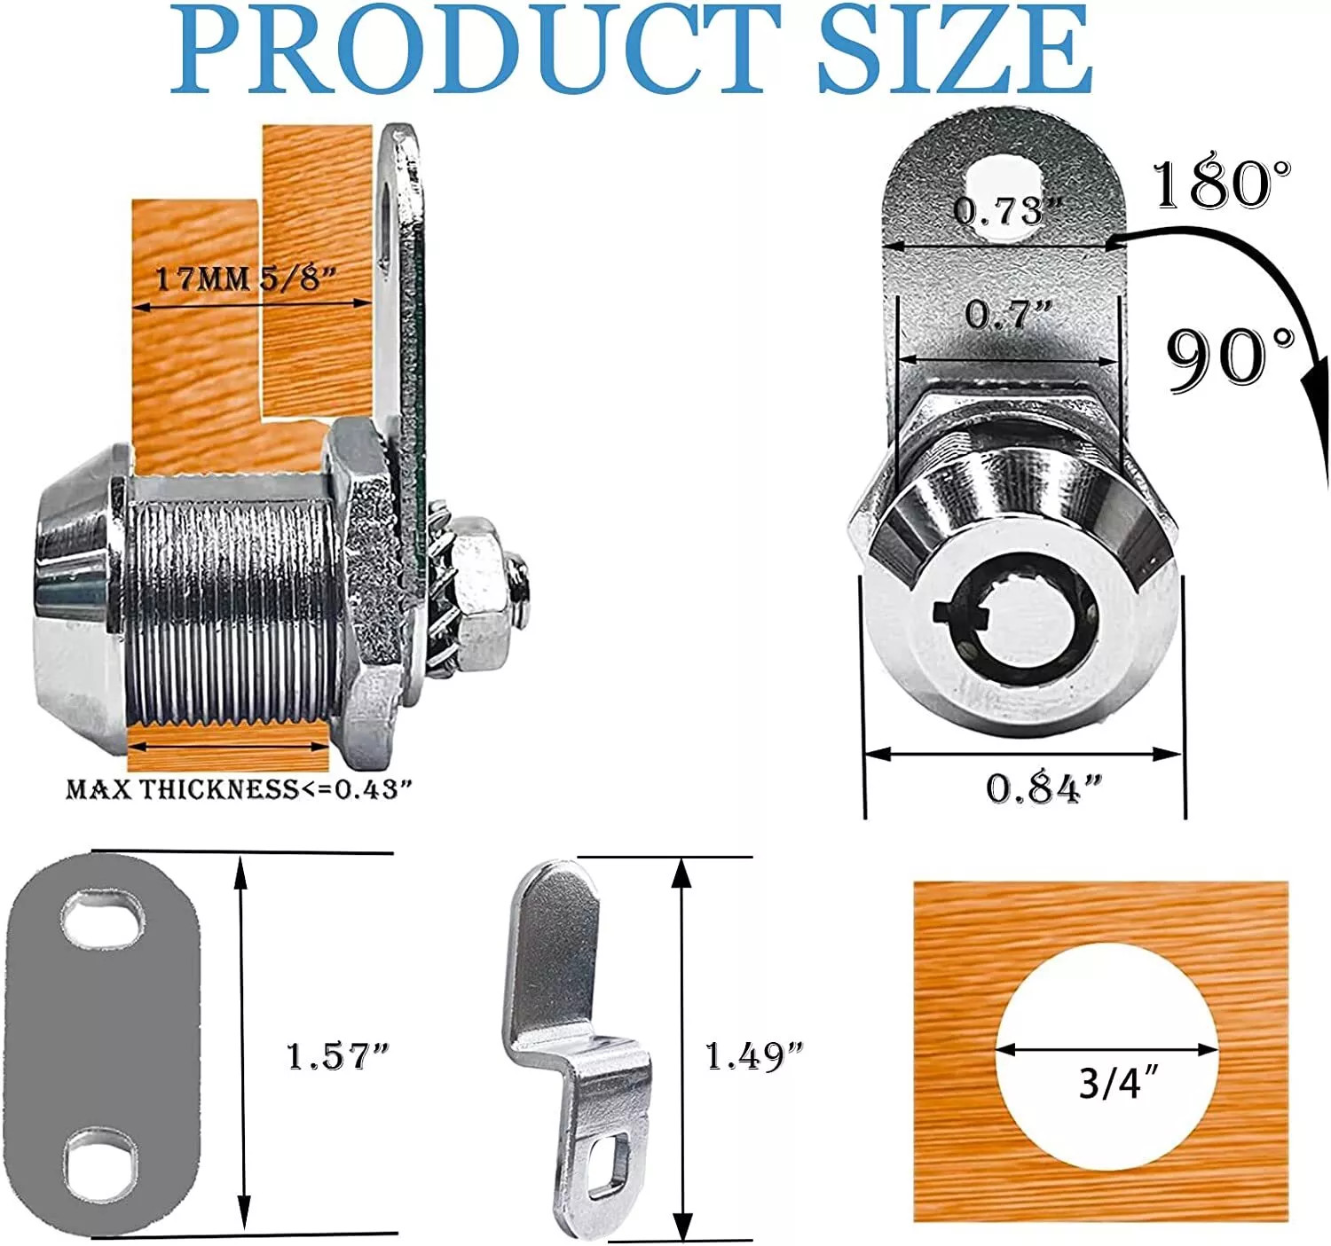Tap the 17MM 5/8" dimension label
[245, 278]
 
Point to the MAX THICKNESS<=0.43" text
[239, 789]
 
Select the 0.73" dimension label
[1008, 211]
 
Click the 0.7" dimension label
[1009, 314]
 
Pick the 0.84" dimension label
[1044, 789]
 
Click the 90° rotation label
[1231, 357]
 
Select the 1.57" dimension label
[338, 1056]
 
